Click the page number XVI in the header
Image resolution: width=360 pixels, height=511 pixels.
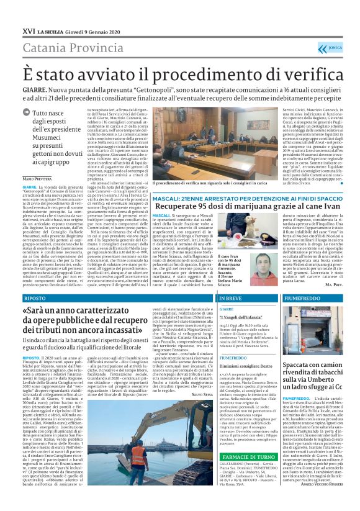[28, 30]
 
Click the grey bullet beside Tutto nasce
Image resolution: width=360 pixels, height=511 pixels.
[27, 114]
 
